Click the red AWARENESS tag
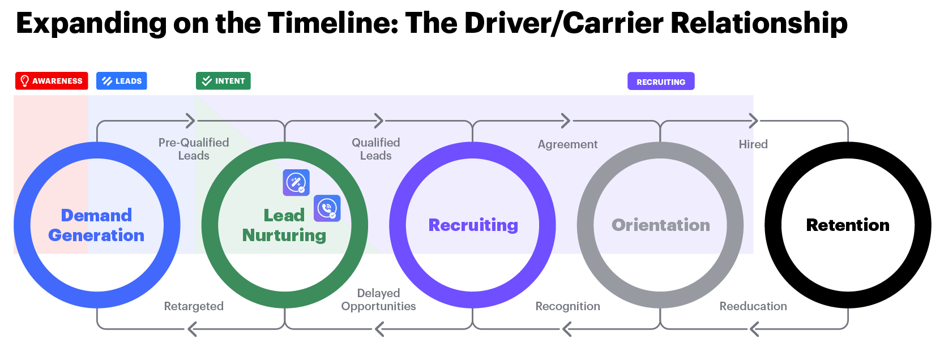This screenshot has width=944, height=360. [x=52, y=81]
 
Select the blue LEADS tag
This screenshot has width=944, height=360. [x=122, y=81]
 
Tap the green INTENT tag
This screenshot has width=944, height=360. [x=223, y=81]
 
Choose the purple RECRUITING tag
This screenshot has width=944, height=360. [x=660, y=82]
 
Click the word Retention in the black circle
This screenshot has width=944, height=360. [x=847, y=225]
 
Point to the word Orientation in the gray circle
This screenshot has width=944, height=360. [x=660, y=225]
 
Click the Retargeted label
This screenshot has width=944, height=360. [x=194, y=306]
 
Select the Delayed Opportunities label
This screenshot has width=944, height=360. [x=378, y=300]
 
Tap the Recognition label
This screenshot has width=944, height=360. [x=567, y=306]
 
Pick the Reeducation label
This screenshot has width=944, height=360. [x=753, y=306]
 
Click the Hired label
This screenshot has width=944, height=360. [x=753, y=144]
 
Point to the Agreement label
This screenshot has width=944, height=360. [x=567, y=144]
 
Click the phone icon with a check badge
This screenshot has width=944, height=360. [x=327, y=208]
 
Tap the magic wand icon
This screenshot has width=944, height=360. [x=296, y=182]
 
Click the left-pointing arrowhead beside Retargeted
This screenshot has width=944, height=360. [x=192, y=329]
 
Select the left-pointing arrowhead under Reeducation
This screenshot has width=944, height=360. [x=753, y=329]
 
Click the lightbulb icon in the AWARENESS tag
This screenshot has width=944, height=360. [x=24, y=81]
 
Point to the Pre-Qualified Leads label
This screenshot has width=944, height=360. [x=194, y=149]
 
